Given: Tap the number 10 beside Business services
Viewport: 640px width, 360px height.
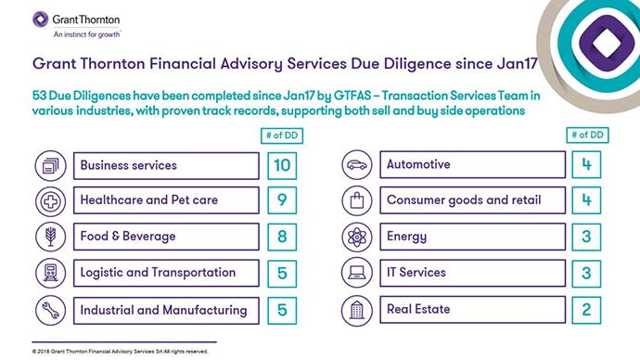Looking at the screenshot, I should click(283, 165).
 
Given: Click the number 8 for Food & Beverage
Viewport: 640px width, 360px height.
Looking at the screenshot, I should click(283, 237).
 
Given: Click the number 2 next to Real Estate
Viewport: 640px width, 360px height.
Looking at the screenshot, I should click(586, 309).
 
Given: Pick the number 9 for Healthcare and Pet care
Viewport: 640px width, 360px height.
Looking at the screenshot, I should click(283, 200).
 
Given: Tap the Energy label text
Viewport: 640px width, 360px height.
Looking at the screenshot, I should click(406, 237).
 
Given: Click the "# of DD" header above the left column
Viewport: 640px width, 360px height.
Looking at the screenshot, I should click(283, 136).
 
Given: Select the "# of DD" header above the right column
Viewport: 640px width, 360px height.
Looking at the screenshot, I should click(586, 136).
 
